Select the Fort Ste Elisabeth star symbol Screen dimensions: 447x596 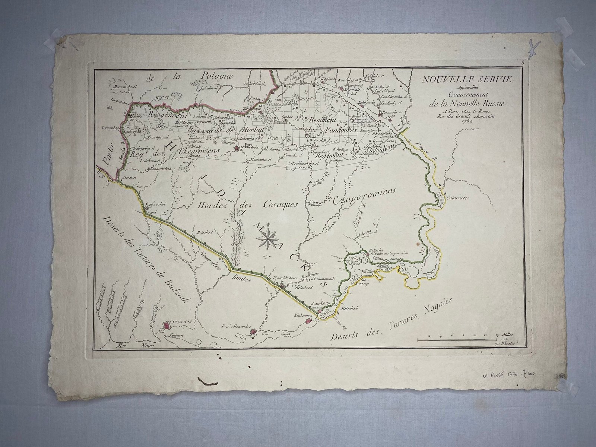(236, 149)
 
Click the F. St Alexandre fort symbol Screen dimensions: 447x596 (253, 332)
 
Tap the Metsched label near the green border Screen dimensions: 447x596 (203, 233)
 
